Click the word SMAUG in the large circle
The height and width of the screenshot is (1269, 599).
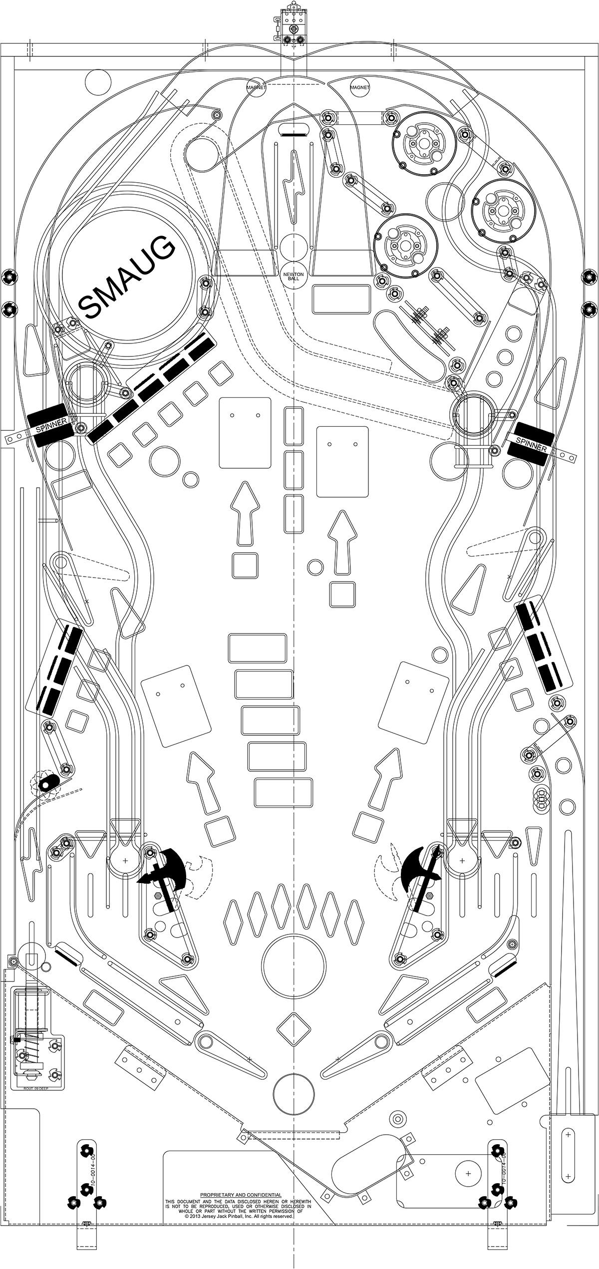127,277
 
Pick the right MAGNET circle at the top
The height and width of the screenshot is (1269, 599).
359,87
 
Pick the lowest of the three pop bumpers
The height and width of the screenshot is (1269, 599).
405,246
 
